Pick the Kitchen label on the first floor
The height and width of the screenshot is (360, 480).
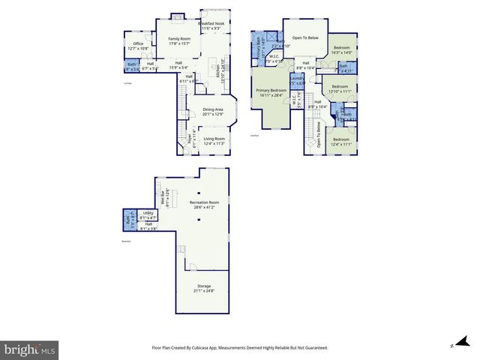219,72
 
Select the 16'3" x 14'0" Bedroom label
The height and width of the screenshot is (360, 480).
342,49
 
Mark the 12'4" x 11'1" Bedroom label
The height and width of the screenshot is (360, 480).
341,141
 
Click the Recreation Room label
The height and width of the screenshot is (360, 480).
198,204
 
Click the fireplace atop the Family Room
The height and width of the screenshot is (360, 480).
178,16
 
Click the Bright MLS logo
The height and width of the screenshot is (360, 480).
29,349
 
